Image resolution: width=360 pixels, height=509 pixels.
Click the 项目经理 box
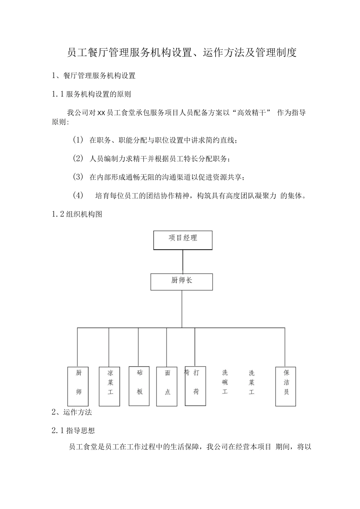[x=183, y=240]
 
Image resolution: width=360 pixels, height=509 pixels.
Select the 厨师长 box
[x=182, y=282]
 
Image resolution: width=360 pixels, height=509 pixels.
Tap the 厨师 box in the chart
[x=78, y=386]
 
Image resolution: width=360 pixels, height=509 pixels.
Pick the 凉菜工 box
[x=110, y=386]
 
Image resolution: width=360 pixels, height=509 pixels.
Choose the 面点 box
[x=167, y=386]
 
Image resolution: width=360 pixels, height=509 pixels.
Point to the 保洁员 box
[x=286, y=386]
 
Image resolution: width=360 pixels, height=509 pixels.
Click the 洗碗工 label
[x=225, y=382]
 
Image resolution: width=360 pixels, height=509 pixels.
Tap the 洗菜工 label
[x=252, y=382]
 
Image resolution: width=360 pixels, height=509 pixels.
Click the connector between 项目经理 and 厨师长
[x=183, y=262]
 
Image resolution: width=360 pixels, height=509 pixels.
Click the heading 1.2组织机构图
[x=77, y=214]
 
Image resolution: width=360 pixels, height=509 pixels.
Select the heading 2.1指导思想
[x=73, y=430]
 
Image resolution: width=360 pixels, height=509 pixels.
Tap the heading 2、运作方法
[x=72, y=412]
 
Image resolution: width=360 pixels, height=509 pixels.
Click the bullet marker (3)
[x=78, y=177]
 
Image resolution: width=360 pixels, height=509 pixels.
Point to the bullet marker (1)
[x=78, y=140]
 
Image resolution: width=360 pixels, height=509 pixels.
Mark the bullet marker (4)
[x=78, y=195]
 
